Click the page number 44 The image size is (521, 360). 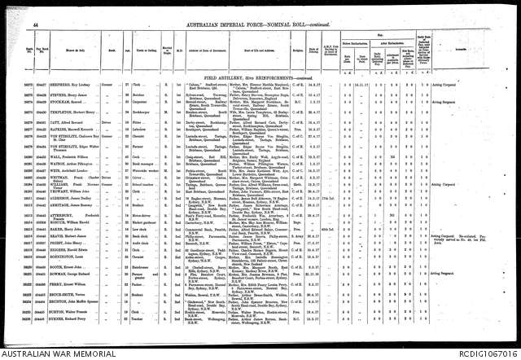(x=36, y=6)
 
